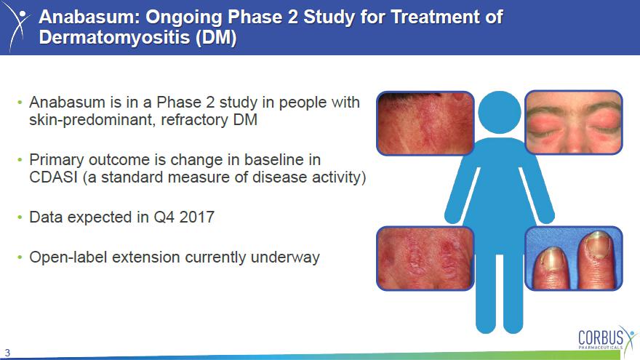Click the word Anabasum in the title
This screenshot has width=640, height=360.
point(89,17)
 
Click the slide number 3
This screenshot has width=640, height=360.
point(7,353)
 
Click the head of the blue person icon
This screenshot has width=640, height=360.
point(499,112)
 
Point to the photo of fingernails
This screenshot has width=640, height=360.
point(574,258)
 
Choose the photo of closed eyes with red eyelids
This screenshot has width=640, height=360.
point(574,122)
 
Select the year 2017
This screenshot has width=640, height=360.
point(197,217)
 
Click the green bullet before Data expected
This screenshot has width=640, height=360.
point(20,217)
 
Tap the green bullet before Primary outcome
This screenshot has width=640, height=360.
point(20,160)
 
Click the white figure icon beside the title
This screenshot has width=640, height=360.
point(18,26)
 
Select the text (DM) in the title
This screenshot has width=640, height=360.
point(216,38)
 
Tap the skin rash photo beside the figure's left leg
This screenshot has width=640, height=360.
point(425,258)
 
